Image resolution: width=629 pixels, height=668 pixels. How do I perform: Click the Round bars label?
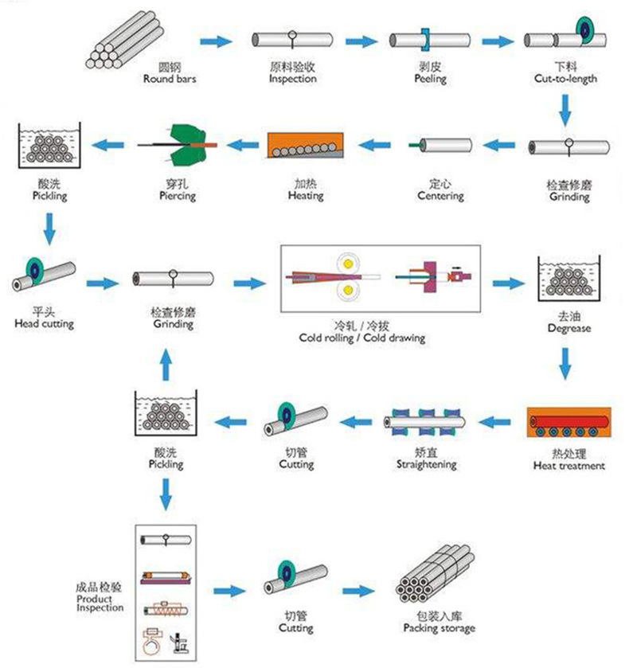tap(170, 79)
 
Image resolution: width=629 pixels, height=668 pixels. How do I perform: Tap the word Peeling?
tap(430, 79)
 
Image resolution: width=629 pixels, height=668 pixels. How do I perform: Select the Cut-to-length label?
tap(565, 79)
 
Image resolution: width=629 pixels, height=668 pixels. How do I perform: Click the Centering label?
tap(440, 195)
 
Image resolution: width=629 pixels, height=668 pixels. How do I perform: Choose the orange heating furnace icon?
tap(305, 146)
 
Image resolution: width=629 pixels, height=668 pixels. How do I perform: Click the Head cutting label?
tap(44, 323)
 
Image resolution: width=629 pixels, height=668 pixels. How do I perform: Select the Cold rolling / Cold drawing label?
tap(362, 338)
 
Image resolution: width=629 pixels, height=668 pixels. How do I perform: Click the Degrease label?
tap(568, 327)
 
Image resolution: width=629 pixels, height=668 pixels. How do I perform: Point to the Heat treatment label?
tap(568, 465)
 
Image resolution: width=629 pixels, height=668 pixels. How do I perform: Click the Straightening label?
tap(426, 464)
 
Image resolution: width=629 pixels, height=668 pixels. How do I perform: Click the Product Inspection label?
tap(100, 603)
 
